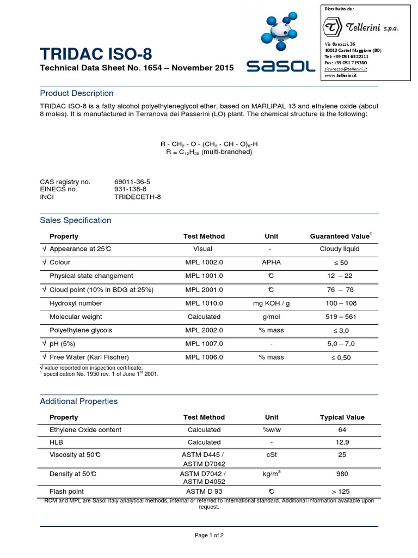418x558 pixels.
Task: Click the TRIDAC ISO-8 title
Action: click(x=96, y=54)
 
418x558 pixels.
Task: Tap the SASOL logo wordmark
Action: click(x=280, y=67)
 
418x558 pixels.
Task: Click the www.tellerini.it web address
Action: click(x=341, y=76)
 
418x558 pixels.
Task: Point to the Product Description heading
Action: click(x=77, y=93)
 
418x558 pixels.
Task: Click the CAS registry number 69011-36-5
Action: click(x=132, y=181)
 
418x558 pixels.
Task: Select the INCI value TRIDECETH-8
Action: click(x=138, y=197)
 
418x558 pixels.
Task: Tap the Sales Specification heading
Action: click(x=76, y=220)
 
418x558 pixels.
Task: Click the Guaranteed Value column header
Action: click(x=341, y=236)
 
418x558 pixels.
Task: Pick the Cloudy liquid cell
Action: click(x=340, y=249)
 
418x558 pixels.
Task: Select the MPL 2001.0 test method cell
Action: click(x=204, y=290)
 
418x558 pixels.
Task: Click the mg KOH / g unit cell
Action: click(x=272, y=304)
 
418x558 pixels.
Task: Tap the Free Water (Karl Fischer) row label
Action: click(x=89, y=357)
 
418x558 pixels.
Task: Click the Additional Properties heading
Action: click(x=79, y=401)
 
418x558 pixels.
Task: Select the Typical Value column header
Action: click(x=342, y=417)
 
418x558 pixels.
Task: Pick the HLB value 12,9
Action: click(x=342, y=442)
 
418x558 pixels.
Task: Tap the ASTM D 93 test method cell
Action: click(x=204, y=492)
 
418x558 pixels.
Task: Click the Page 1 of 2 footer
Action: click(x=209, y=535)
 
